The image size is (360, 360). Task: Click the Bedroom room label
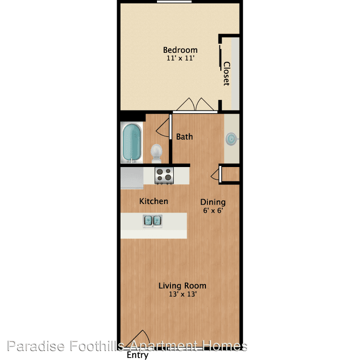[180, 50]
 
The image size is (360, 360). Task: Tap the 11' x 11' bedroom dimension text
[180, 58]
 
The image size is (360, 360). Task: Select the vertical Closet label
[227, 73]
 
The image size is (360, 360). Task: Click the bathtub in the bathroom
[132, 143]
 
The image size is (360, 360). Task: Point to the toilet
[156, 154]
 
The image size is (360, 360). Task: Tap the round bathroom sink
[231, 139]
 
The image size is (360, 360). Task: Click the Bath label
[184, 137]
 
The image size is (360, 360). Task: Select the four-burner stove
[164, 176]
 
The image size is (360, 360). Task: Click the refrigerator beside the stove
[132, 178]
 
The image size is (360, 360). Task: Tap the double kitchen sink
[153, 221]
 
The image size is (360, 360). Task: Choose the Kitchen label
[154, 201]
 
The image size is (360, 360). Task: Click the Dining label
[213, 202]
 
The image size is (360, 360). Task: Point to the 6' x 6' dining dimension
[213, 210]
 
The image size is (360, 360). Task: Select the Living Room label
[182, 286]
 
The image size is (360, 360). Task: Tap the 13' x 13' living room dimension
[183, 294]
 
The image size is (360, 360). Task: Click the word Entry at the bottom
[137, 355]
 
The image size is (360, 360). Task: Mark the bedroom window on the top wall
[174, 1]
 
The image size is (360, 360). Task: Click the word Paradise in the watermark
[36, 346]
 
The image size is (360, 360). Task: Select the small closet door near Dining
[220, 174]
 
